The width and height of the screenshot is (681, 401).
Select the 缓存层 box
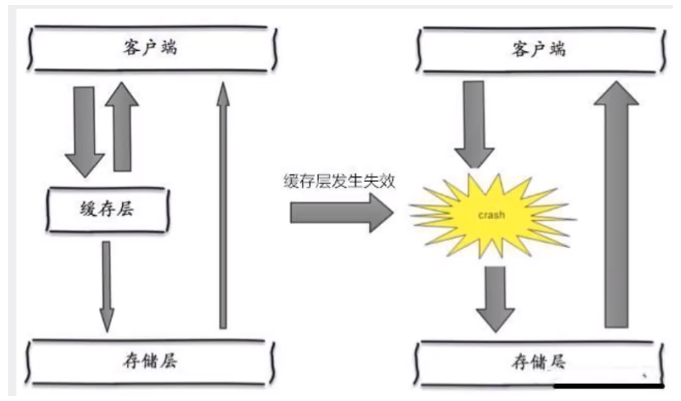coord(108,209)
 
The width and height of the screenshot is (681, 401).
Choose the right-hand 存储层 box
coord(539,361)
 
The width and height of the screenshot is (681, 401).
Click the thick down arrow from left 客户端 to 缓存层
coord(84,129)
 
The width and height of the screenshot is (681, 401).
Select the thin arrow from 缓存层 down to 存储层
coord(106,284)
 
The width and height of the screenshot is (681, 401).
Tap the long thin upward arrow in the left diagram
coord(222,206)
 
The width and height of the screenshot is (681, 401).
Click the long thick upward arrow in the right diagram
coord(615,206)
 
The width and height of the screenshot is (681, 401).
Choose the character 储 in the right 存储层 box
coord(539,361)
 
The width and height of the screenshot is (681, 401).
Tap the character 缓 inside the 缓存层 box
coord(85,209)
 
